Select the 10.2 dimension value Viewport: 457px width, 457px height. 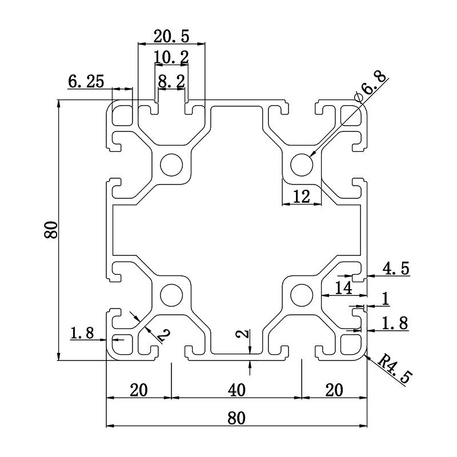170,58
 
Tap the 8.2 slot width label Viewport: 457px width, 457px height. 171,82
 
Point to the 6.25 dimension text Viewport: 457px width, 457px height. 86,82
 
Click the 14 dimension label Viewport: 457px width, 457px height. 343,288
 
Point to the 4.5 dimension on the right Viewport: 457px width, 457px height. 396,268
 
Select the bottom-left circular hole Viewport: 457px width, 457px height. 171,295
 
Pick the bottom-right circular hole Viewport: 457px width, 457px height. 302,295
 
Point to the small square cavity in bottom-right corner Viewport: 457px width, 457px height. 350,344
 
